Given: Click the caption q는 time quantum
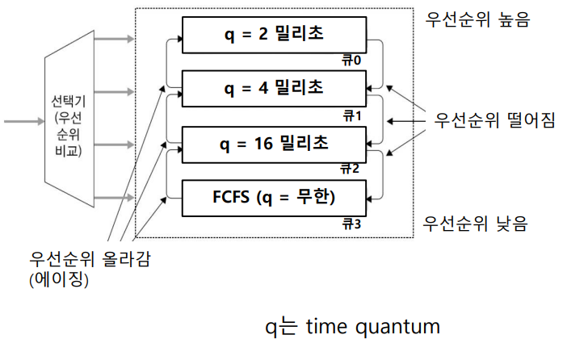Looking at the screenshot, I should (353, 328).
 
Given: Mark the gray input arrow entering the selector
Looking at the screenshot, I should (19, 121).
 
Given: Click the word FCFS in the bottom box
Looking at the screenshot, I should (232, 197).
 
